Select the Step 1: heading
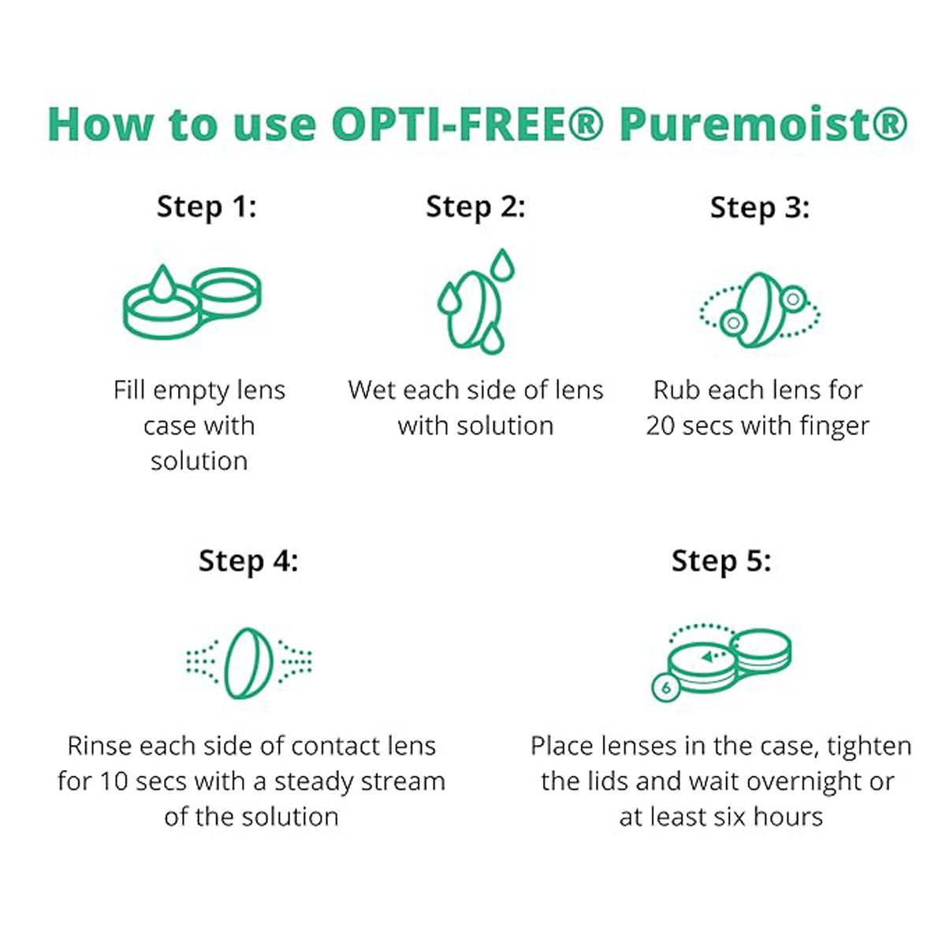pyautogui.click(x=207, y=207)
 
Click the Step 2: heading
pyautogui.click(x=475, y=207)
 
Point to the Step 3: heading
pyautogui.click(x=759, y=207)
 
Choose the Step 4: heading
pyautogui.click(x=248, y=561)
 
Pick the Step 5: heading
pyautogui.click(x=721, y=561)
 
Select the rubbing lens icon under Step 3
pyautogui.click(x=759, y=310)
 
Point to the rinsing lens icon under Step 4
pyautogui.click(x=248, y=662)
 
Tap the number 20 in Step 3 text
pyautogui.click(x=661, y=426)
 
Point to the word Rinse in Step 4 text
pyautogui.click(x=99, y=746)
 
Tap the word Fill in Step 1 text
pyautogui.click(x=129, y=390)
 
